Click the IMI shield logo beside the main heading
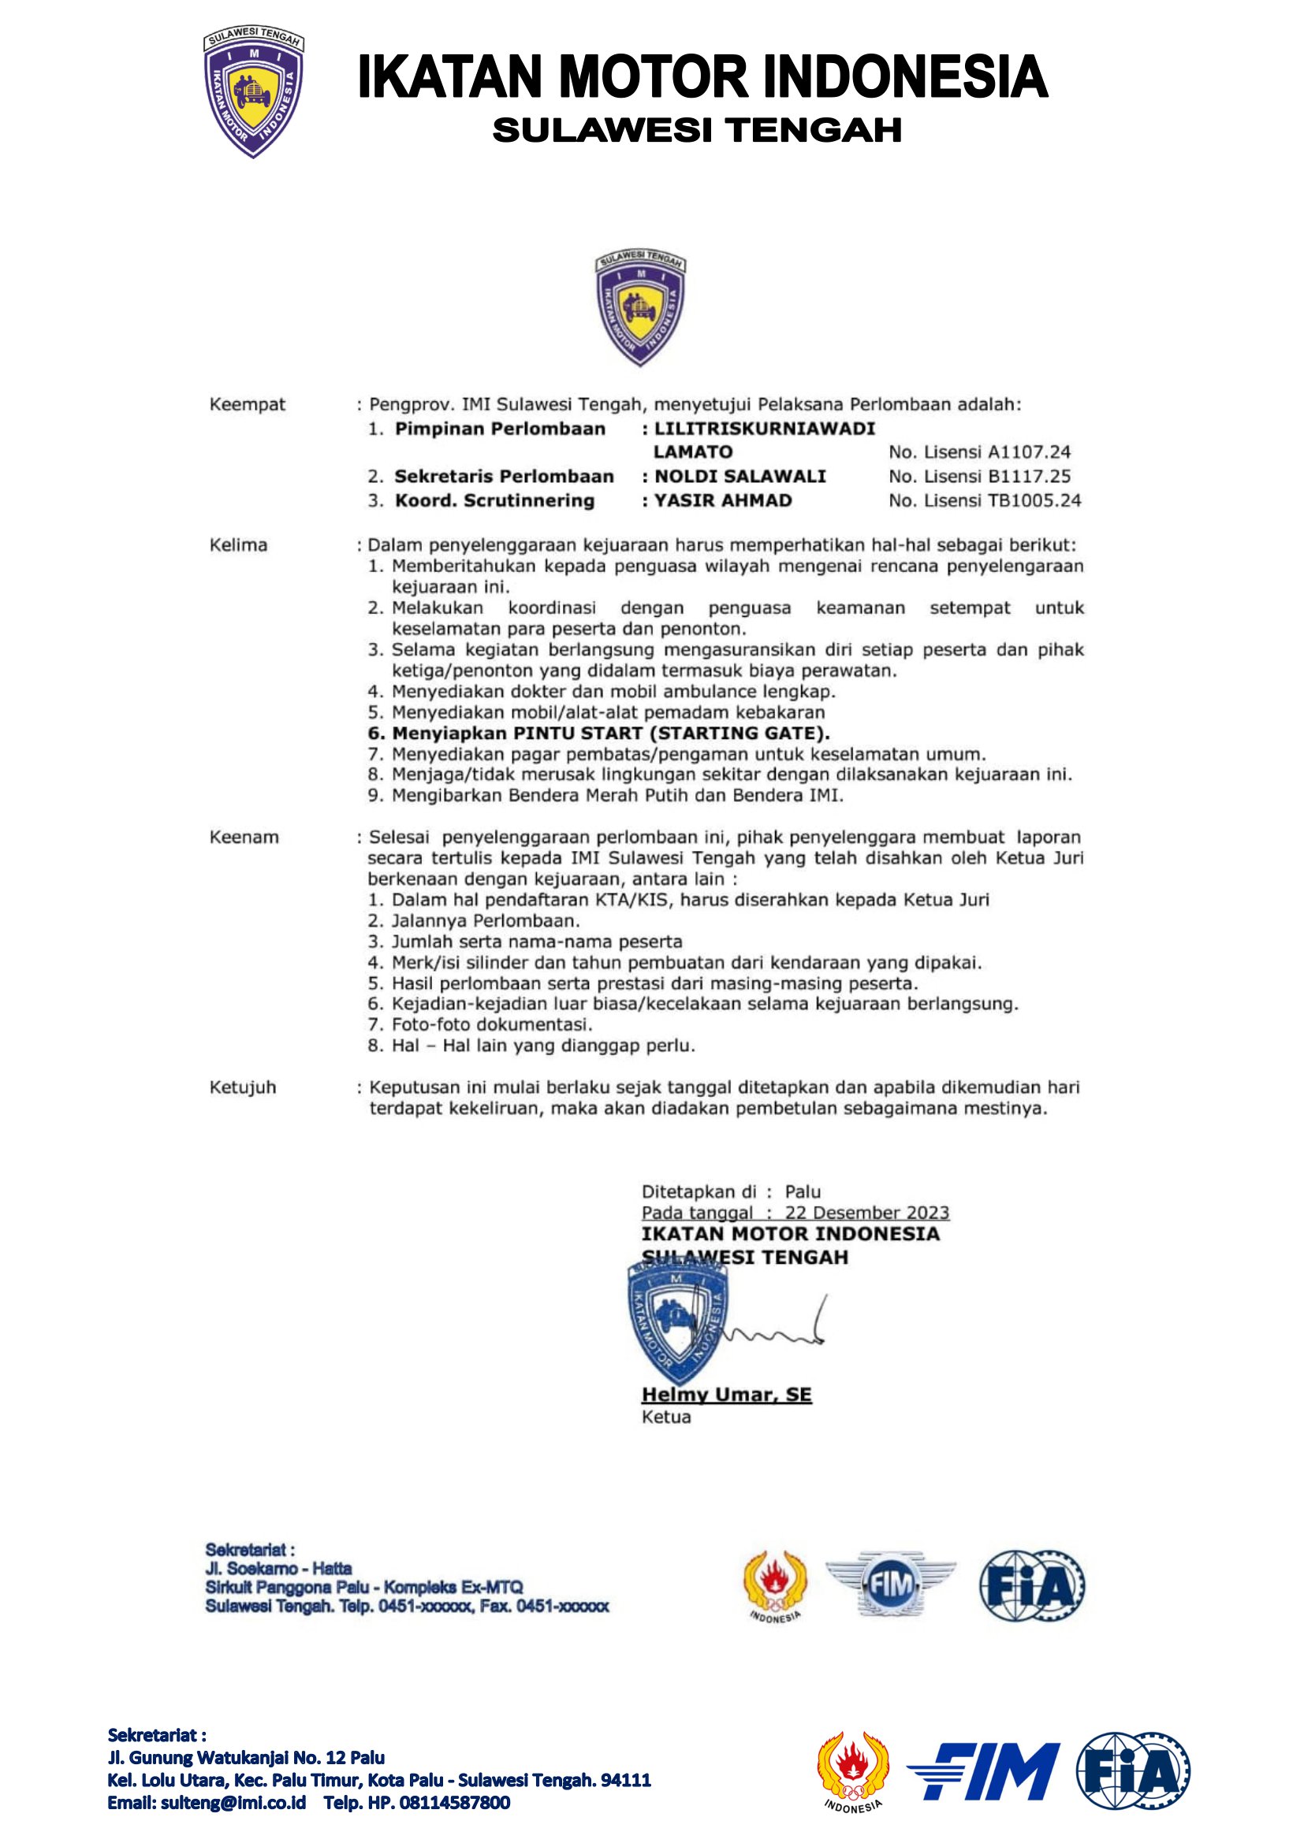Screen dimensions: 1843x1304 253,93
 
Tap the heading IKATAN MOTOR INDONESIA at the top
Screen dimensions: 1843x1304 702,77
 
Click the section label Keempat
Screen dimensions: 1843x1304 248,404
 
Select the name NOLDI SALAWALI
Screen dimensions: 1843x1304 740,477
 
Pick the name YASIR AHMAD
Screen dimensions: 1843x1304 723,501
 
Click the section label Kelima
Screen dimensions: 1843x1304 238,545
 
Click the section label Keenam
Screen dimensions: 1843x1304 244,838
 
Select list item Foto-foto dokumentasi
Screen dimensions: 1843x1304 491,1025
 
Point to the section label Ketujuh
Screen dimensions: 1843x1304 243,1087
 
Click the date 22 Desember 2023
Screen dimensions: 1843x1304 866,1213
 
